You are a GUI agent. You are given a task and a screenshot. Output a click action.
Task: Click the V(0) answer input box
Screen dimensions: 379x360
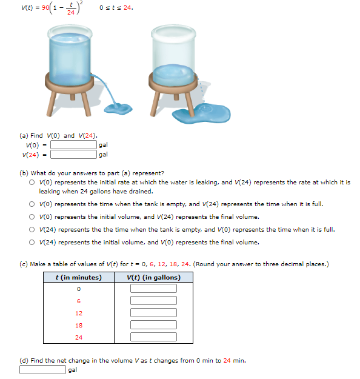tap(73, 145)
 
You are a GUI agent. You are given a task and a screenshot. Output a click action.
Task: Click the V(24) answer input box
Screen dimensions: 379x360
tap(73, 155)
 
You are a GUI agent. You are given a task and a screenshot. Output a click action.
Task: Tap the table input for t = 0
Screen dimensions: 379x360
tap(153, 289)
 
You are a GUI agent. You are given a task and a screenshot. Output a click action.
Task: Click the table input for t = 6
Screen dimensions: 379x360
tap(153, 301)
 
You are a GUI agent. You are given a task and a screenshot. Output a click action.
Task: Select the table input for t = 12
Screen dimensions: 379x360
tap(153, 313)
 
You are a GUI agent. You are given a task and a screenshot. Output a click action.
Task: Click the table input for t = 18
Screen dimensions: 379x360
tap(153, 325)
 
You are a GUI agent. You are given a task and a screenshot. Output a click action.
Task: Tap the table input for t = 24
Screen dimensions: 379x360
tap(153, 337)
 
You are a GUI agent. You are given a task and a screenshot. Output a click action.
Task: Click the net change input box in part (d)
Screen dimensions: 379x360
tap(42, 369)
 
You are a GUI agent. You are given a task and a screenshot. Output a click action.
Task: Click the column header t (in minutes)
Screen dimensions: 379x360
tap(78, 277)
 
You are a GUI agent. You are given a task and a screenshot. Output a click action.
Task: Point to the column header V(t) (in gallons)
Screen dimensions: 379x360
tap(153, 277)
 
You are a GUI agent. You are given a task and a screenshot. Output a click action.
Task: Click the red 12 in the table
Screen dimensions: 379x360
tap(79, 313)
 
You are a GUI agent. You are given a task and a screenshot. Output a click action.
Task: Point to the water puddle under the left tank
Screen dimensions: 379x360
tap(118, 109)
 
